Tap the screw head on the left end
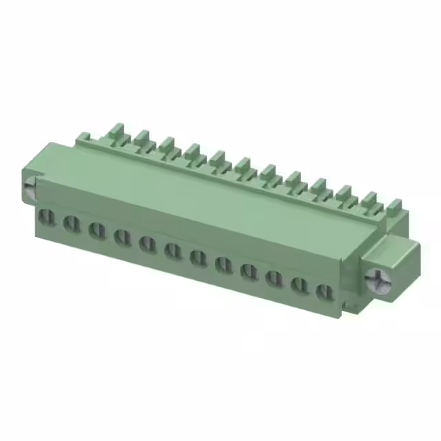coord(29,187)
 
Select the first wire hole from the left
coord(46,218)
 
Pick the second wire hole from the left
coord(71,223)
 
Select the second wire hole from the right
coord(299,283)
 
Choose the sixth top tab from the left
coord(243,165)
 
